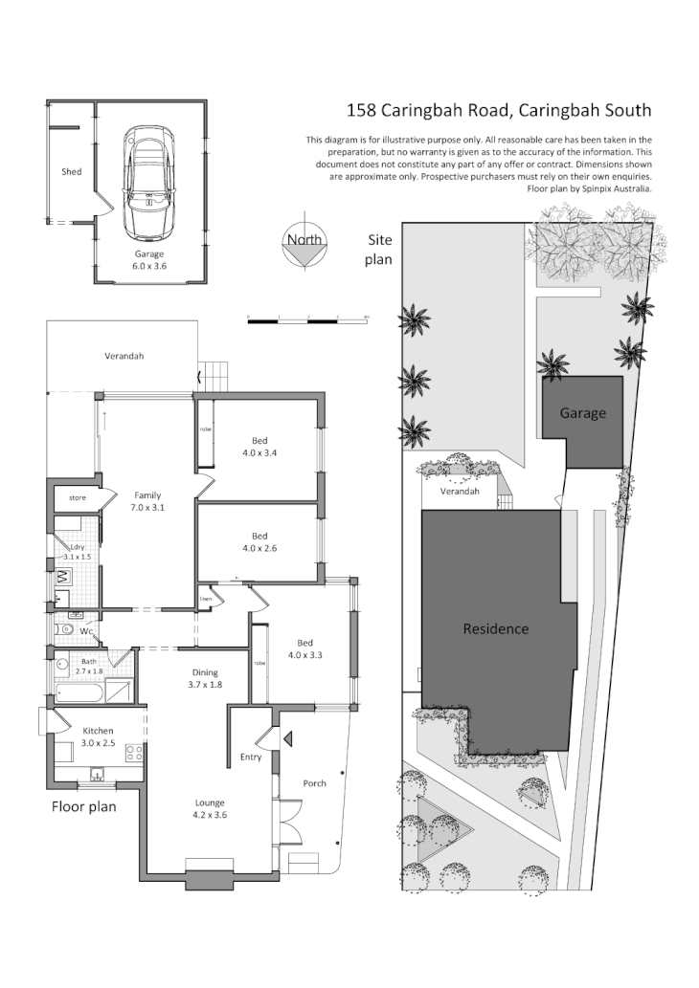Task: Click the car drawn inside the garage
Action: point(149,184)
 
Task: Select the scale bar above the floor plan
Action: point(307,320)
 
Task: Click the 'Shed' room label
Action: point(71,172)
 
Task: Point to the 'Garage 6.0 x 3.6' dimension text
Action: point(149,260)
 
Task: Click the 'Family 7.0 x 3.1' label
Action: point(147,501)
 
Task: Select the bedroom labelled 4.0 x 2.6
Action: point(259,542)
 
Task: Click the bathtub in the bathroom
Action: point(77,692)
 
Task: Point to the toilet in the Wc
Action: point(66,631)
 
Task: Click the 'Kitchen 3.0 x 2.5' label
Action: point(98,736)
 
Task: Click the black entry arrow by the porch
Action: point(286,737)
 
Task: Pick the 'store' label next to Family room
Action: point(78,498)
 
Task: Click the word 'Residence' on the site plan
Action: point(495,628)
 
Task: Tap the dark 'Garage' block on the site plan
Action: point(582,413)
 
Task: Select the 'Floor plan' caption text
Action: point(83,806)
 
